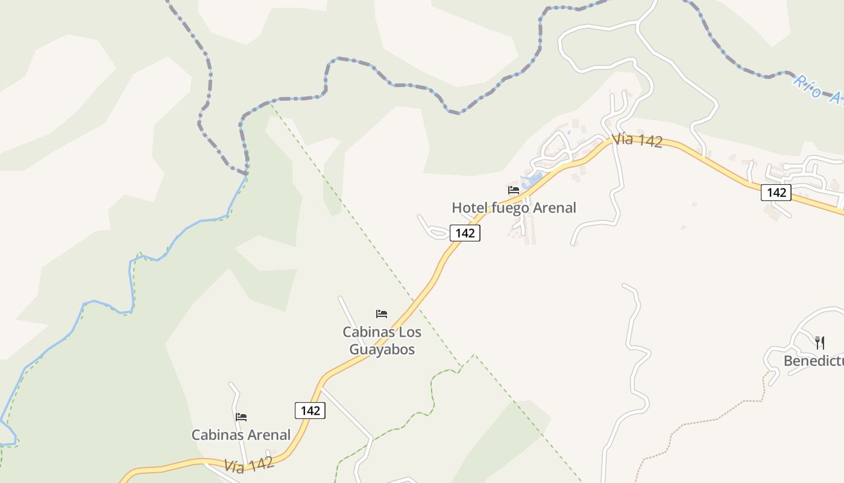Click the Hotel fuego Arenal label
coord(514,208)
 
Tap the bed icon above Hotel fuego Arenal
coord(514,190)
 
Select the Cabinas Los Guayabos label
coord(382,341)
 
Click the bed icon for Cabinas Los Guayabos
coord(382,314)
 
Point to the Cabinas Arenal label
coord(241,435)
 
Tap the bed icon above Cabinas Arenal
coord(241,417)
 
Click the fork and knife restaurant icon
coord(819,342)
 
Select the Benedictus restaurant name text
coord(814,361)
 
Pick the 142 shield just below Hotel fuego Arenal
coord(465,233)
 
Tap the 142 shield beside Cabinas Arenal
coord(310,411)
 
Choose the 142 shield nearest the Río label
coord(776,192)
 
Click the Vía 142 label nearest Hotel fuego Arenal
coord(637,141)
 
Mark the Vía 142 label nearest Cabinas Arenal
coord(249,464)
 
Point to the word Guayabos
coord(382,350)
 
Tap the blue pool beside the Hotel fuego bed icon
coord(534,178)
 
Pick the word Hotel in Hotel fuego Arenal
coord(470,208)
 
